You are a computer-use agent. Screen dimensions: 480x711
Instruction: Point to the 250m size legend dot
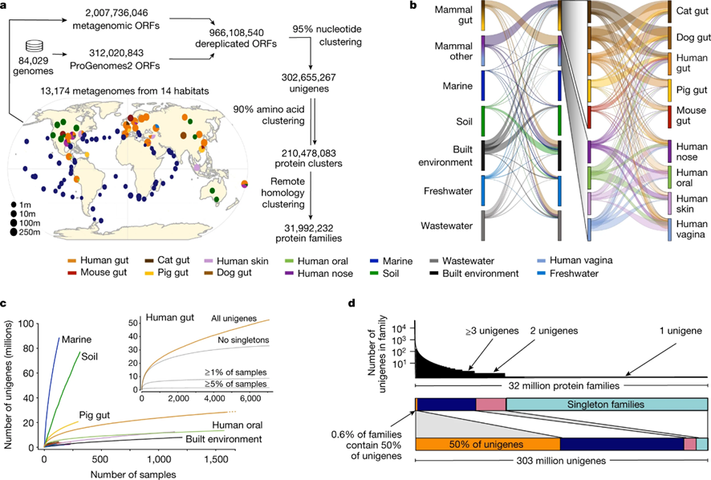(14, 232)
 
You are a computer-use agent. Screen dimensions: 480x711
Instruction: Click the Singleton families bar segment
(607, 405)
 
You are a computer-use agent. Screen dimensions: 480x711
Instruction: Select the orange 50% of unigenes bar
(487, 444)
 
